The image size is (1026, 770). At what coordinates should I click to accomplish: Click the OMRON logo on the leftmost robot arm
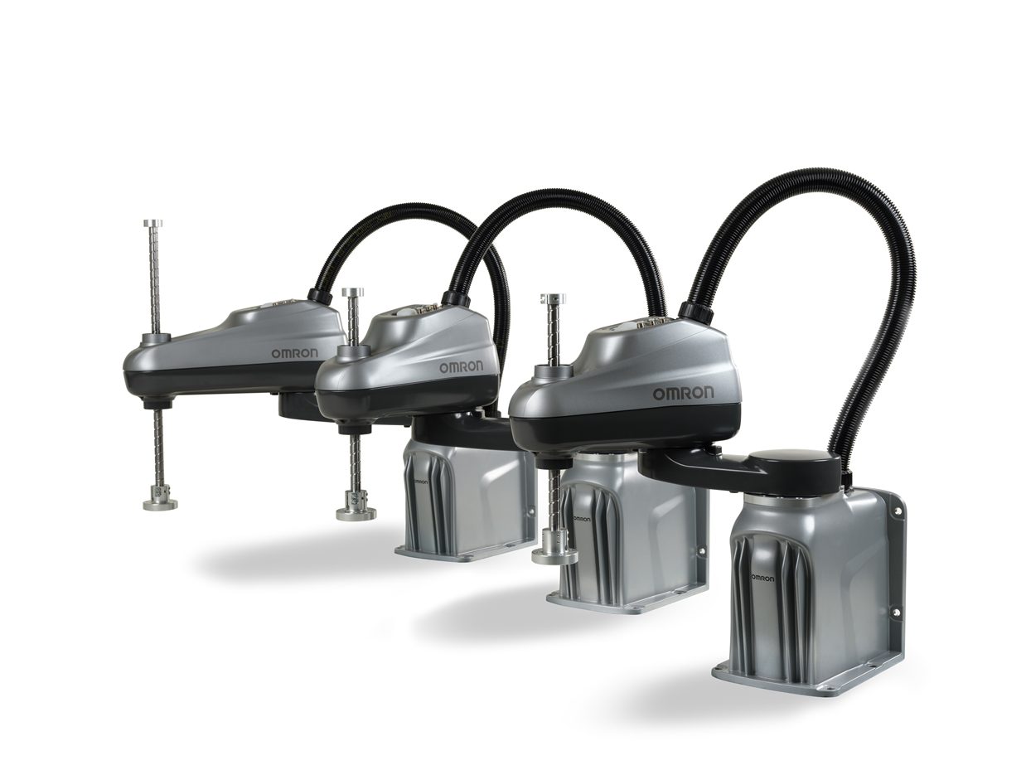coord(293,353)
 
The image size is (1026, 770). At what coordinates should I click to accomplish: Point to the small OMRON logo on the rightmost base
coord(762,578)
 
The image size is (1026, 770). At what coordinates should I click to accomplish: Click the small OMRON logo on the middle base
coord(581,520)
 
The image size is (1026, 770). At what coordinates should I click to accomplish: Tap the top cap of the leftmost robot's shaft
coord(152,223)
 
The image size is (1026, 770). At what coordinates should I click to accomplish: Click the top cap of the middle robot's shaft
coord(352,292)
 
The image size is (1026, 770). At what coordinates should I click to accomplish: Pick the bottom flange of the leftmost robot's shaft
coord(160,501)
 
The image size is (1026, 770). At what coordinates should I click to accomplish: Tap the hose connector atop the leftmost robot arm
coord(319,295)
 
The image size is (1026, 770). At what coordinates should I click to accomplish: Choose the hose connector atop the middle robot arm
coord(455,298)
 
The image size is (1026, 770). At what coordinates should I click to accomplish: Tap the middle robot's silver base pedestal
coord(638,530)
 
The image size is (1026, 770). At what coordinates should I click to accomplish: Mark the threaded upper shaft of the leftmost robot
coord(153,278)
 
